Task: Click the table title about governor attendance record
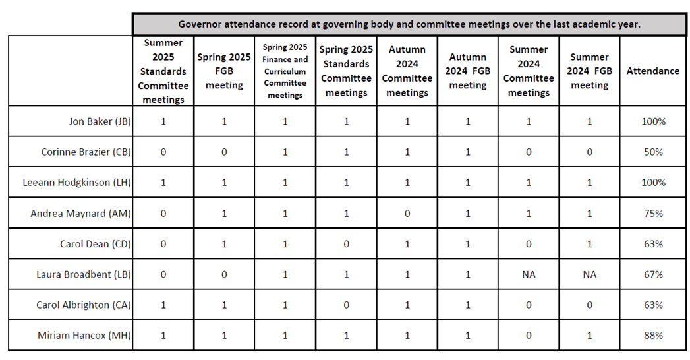click(x=409, y=24)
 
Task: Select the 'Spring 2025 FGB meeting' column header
click(x=224, y=71)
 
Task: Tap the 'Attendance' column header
click(x=653, y=71)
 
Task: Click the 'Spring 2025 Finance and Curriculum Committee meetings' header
click(x=285, y=71)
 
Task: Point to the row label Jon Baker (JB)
click(x=100, y=121)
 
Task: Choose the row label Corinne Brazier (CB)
click(x=86, y=152)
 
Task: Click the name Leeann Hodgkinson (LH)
click(x=77, y=182)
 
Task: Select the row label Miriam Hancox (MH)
click(x=84, y=336)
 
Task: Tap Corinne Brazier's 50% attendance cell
click(x=654, y=152)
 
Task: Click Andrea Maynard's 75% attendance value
click(x=654, y=214)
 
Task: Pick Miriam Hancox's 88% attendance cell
click(x=654, y=336)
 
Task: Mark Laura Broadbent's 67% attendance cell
click(x=654, y=275)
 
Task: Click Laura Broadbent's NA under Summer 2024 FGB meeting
click(x=590, y=275)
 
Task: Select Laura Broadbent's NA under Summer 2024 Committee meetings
click(x=529, y=275)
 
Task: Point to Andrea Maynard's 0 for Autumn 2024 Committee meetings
click(x=407, y=214)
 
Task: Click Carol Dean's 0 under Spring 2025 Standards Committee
click(x=347, y=244)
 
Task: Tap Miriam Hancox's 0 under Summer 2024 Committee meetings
click(x=529, y=336)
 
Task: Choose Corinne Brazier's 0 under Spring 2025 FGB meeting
click(x=224, y=152)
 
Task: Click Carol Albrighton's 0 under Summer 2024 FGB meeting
click(x=590, y=305)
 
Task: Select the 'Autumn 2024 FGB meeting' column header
click(x=468, y=71)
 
